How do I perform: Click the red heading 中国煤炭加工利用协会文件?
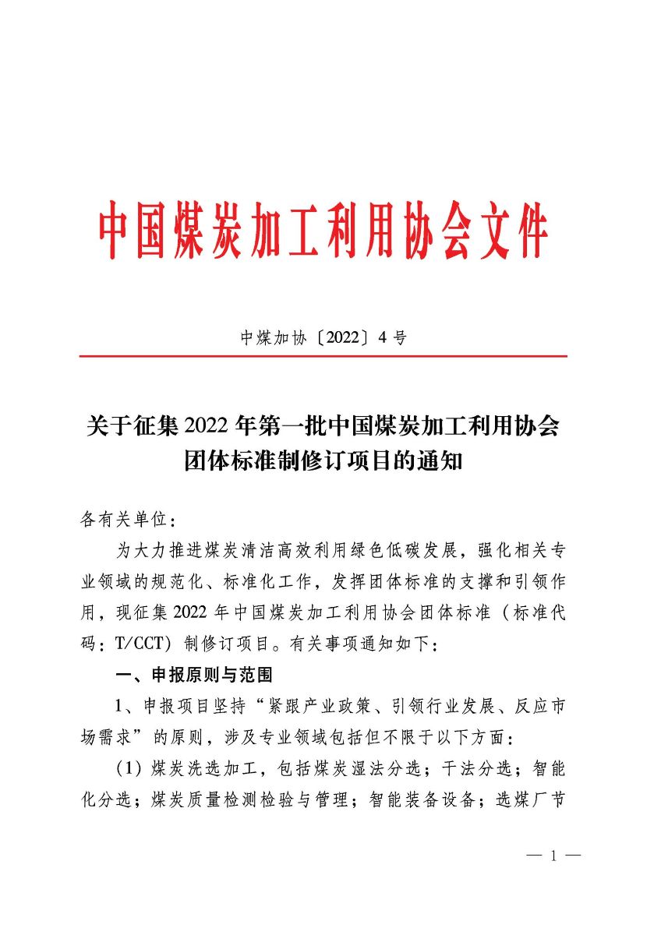(x=323, y=231)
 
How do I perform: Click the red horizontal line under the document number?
(x=323, y=356)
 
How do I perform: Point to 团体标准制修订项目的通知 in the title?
(x=323, y=461)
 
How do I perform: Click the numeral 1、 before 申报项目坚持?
(x=125, y=706)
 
